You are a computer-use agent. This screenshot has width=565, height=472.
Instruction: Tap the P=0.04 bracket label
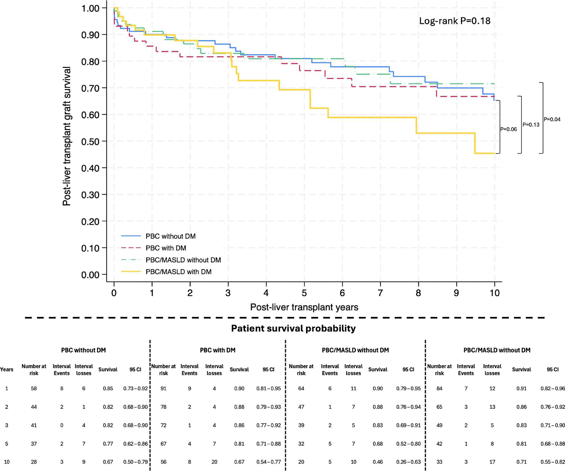coord(552,119)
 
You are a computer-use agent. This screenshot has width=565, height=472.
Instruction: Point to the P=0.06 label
coord(508,129)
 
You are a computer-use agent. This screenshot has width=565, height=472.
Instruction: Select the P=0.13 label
coord(531,125)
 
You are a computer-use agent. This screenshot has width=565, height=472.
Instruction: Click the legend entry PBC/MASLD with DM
coord(178,272)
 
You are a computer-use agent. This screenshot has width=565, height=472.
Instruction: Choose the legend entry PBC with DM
coord(166,248)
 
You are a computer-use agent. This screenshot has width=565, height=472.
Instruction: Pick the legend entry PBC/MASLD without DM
coord(183,260)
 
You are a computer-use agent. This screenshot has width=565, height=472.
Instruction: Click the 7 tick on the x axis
coord(380,293)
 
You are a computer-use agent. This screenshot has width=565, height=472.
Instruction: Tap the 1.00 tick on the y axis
coord(90,8)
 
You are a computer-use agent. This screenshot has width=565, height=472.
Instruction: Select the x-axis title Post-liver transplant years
coord(304,307)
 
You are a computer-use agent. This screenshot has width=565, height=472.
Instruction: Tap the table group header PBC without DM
coord(83,350)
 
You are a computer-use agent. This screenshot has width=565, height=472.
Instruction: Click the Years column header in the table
coord(7,370)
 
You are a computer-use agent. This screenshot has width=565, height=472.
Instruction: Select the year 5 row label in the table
coord(7,444)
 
